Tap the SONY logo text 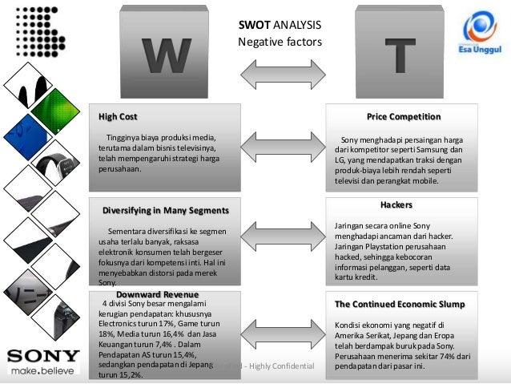tap(43, 355)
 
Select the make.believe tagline tap(43, 371)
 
